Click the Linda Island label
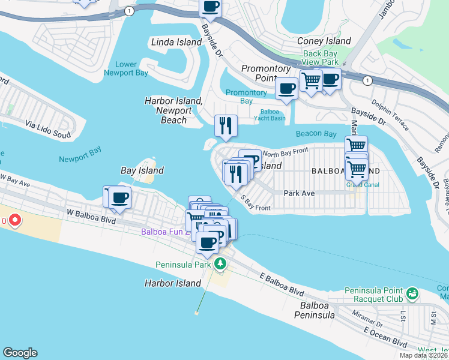[176, 42]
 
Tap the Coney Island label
[324, 41]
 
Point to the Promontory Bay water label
[246, 97]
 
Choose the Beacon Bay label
[316, 134]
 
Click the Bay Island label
[142, 170]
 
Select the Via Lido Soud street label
[47, 126]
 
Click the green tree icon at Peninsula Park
[220, 264]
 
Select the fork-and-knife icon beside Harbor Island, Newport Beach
[226, 125]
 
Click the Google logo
[20, 353]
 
